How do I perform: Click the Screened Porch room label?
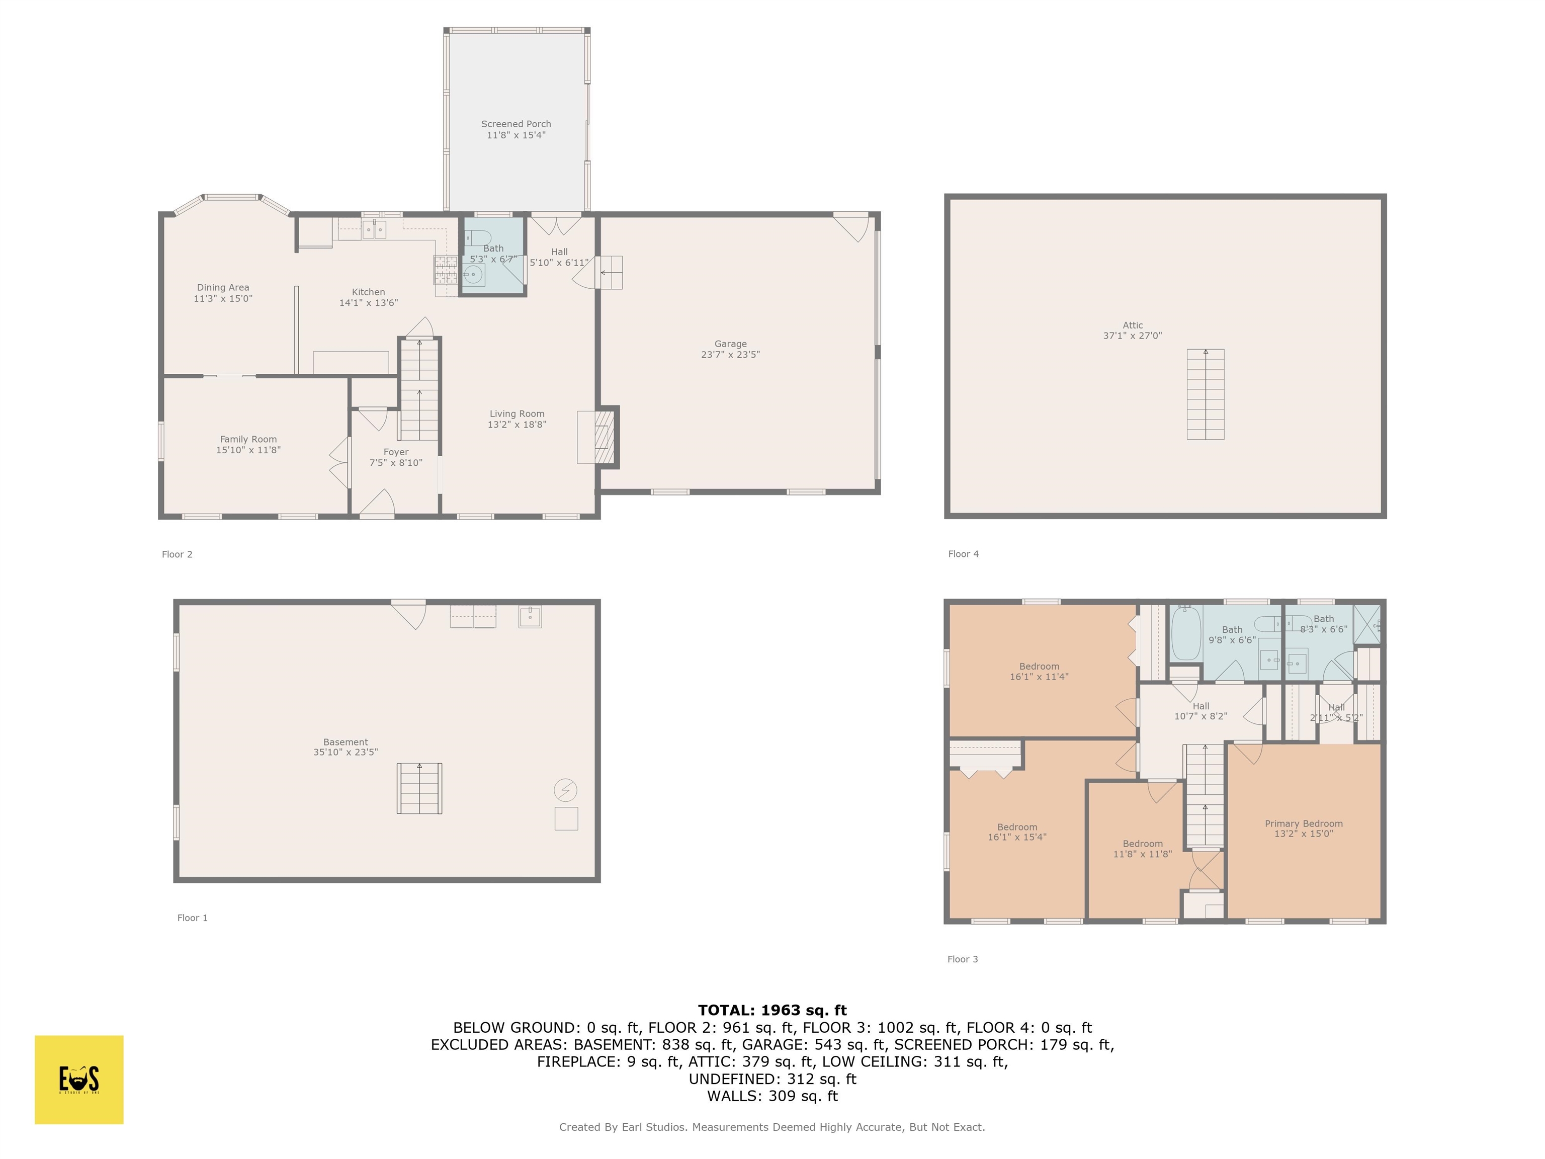click(x=516, y=124)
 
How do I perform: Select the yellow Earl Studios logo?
click(x=79, y=1080)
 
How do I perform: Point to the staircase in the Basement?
click(x=419, y=788)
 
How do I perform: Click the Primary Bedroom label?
click(x=1303, y=823)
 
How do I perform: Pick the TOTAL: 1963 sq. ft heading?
click(x=772, y=1010)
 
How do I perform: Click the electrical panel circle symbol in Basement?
click(x=565, y=790)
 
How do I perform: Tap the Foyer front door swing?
click(x=378, y=503)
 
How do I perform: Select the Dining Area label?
click(x=223, y=287)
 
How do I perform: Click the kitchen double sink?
click(x=374, y=229)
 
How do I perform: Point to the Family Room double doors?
click(x=340, y=462)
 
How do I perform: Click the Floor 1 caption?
click(x=192, y=918)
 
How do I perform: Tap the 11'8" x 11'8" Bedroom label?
click(x=1142, y=844)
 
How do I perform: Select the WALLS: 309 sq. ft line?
click(x=772, y=1096)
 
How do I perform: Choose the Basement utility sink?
click(x=530, y=617)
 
